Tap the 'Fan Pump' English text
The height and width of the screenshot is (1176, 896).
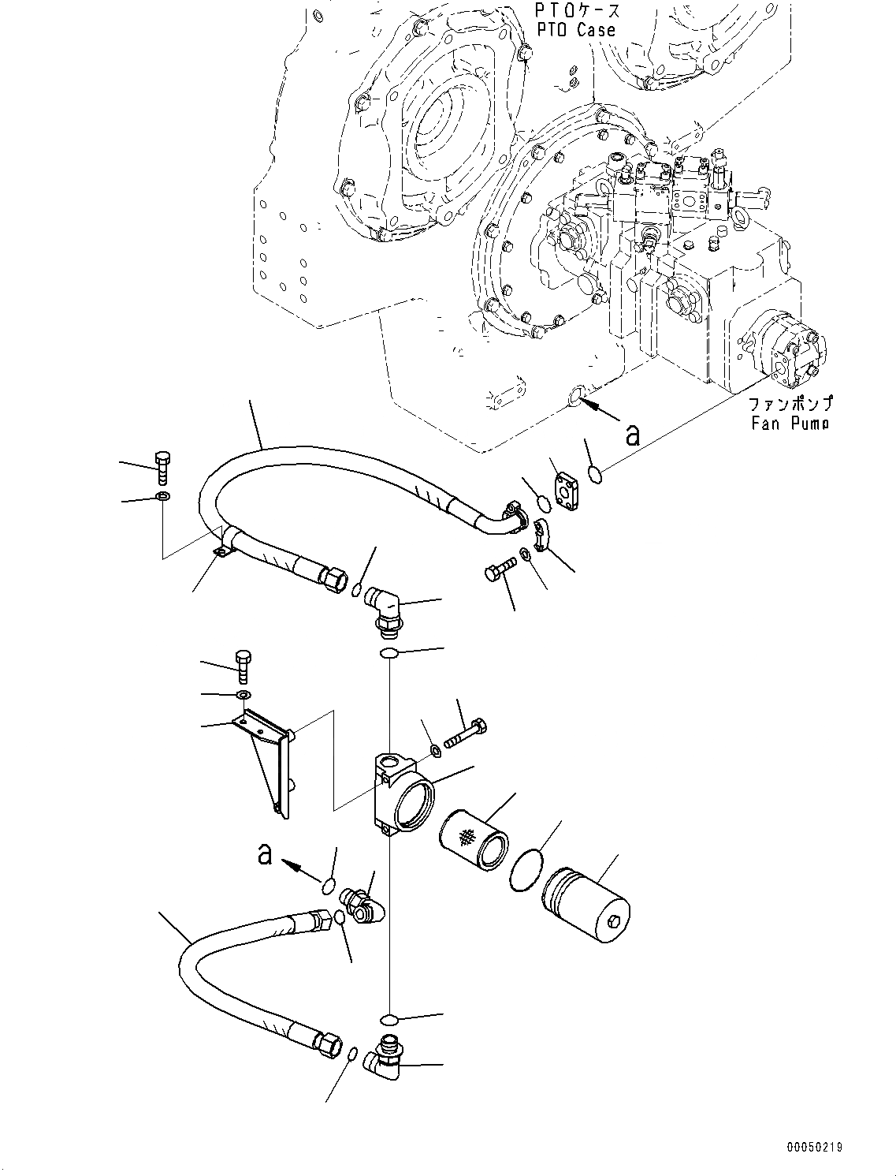click(790, 424)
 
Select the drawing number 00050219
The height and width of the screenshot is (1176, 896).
click(812, 1146)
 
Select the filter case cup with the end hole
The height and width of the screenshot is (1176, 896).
click(585, 906)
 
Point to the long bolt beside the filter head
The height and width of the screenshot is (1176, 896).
click(466, 733)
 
